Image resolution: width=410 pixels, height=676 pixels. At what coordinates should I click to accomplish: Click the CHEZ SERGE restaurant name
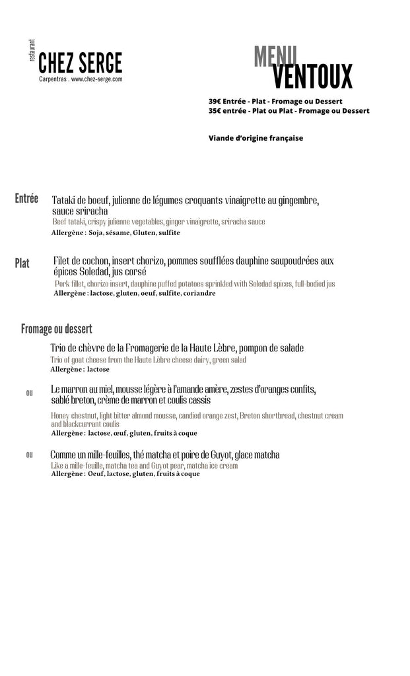(x=80, y=63)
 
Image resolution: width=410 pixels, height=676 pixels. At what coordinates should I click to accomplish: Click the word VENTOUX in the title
(x=312, y=77)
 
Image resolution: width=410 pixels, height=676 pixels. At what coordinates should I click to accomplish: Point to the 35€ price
(x=215, y=111)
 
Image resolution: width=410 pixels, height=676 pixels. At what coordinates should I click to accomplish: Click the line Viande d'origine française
(x=256, y=139)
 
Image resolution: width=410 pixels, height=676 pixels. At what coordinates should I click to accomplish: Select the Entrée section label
(x=26, y=199)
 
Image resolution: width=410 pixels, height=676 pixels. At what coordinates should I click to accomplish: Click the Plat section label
(x=22, y=263)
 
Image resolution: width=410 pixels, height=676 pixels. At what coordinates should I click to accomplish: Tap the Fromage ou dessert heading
(x=56, y=329)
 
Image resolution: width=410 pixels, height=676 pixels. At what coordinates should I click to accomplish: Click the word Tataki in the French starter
(x=66, y=200)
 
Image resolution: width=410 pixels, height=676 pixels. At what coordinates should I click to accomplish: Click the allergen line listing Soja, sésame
(x=116, y=233)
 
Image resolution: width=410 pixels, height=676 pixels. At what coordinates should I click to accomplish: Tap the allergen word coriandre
(x=199, y=293)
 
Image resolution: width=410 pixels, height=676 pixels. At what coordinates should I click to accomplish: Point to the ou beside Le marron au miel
(x=29, y=393)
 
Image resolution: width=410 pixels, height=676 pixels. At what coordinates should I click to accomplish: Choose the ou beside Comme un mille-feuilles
(x=29, y=455)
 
